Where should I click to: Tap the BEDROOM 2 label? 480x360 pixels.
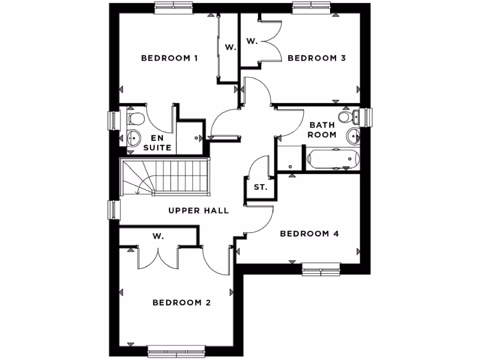pos(181,303)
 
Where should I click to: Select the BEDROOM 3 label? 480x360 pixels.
pos(316,58)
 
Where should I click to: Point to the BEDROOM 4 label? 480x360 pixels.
pos(309,233)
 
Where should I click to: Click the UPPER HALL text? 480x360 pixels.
pos(199,211)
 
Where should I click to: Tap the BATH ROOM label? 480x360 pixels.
pos(322,130)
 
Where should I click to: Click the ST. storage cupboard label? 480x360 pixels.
pos(261,187)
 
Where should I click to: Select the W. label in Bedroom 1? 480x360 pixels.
pos(230,47)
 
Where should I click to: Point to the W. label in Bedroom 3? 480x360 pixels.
pos(252,41)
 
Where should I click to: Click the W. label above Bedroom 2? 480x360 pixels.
pos(158,236)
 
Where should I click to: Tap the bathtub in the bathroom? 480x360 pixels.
pos(333,159)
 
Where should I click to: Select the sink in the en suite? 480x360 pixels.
pos(134,138)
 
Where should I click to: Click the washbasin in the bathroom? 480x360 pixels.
pos(352,136)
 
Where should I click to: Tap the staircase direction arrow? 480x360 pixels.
pos(137,191)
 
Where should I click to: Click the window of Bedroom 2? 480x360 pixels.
pos(177,350)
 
